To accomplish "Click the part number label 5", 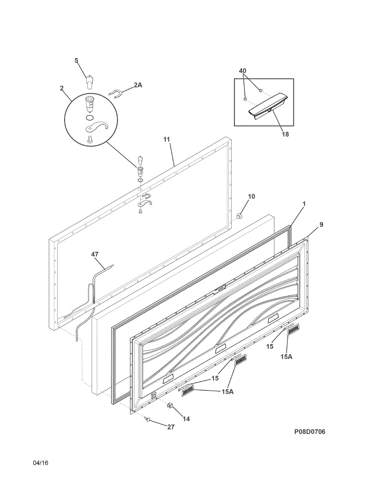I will pyautogui.click(x=76, y=60).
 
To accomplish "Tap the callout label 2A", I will pyautogui.click(x=138, y=85).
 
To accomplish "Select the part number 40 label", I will pyautogui.click(x=242, y=71).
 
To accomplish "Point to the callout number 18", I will pyautogui.click(x=285, y=134).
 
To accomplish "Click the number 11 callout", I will pyautogui.click(x=167, y=139).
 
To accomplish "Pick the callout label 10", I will pyautogui.click(x=251, y=196).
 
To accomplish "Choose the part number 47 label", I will pyautogui.click(x=95, y=254).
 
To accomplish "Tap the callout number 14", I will pyautogui.click(x=186, y=419).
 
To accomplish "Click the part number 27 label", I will pyautogui.click(x=171, y=427).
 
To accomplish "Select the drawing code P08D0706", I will pyautogui.click(x=309, y=432).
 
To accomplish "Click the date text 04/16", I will pyautogui.click(x=41, y=463).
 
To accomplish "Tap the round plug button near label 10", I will pyautogui.click(x=239, y=216).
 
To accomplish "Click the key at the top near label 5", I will pyautogui.click(x=89, y=81).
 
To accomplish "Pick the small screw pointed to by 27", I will pyautogui.click(x=149, y=420).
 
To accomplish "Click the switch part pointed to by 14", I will pyautogui.click(x=171, y=405).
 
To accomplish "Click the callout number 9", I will pyautogui.click(x=321, y=224).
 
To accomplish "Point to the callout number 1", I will pyautogui.click(x=304, y=204).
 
